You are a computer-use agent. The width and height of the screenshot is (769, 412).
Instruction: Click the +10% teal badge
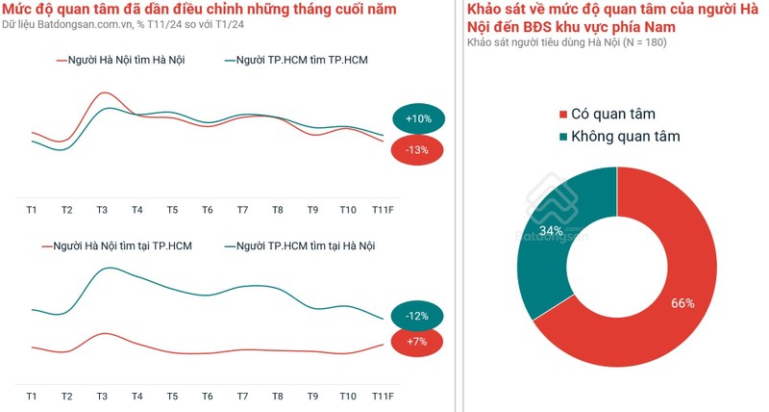[418, 118]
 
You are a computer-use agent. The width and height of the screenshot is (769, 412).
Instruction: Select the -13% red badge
[417, 150]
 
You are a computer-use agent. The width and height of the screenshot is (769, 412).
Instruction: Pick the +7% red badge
[417, 342]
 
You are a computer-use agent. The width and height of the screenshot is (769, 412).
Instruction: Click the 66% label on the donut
[682, 303]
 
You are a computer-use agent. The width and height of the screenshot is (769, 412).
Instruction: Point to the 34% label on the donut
[551, 231]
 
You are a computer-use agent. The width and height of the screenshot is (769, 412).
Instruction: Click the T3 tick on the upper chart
[102, 210]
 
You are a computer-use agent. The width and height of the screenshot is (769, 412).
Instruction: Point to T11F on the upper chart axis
[384, 210]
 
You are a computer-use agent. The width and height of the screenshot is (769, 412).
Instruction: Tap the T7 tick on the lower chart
[242, 397]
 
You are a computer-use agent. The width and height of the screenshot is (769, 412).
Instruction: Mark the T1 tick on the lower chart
[32, 397]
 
